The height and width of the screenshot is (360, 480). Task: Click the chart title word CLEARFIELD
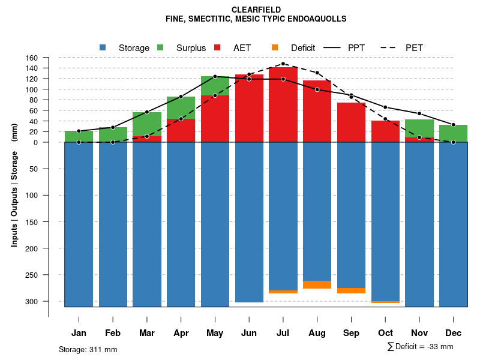pos(256,10)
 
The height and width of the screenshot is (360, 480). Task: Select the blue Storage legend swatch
pos(103,47)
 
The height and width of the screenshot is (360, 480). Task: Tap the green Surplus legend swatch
pos(160,47)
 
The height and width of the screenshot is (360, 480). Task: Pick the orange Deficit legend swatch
pos(275,47)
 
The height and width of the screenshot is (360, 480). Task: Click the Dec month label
pos(453,333)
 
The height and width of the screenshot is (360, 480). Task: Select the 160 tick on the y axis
pos(32,58)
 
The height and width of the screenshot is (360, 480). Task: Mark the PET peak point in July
pos(283,64)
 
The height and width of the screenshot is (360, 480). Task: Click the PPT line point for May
pos(215,77)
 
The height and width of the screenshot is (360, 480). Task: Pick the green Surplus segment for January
pos(79,136)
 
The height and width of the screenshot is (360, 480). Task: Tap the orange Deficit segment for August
pos(317,284)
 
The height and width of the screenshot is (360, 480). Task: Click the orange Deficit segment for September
pos(351,290)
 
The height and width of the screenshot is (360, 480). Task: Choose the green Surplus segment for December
pos(453,133)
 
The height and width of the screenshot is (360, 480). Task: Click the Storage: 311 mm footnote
pos(88,349)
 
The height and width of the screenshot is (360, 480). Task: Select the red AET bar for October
pos(385,131)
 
